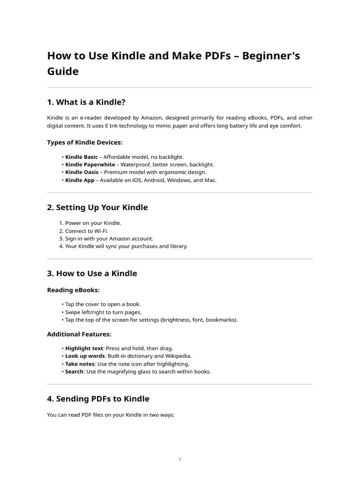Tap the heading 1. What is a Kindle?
click(x=86, y=102)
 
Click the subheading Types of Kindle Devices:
click(x=85, y=142)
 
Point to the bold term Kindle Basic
click(x=82, y=157)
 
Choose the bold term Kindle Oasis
click(x=82, y=172)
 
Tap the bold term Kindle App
click(x=80, y=180)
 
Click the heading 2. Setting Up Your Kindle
click(x=97, y=208)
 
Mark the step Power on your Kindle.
click(x=93, y=223)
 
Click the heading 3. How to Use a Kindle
click(x=92, y=273)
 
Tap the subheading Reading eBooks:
click(x=73, y=290)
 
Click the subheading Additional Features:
click(x=79, y=334)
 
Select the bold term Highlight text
click(x=84, y=349)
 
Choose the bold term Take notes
click(x=80, y=364)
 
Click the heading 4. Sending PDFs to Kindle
click(x=98, y=399)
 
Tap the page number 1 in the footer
click(x=180, y=459)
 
